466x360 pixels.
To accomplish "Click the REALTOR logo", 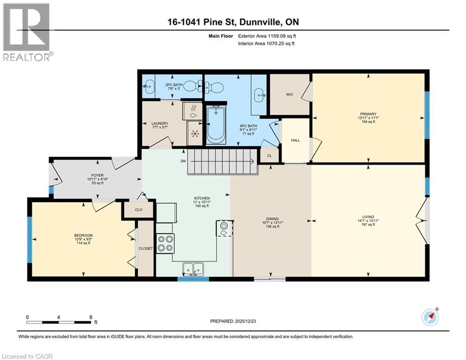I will (x=27, y=32).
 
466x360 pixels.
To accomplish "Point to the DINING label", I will (x=272, y=219).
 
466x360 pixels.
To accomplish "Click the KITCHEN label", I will (x=202, y=198).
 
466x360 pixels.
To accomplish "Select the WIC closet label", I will (x=289, y=95).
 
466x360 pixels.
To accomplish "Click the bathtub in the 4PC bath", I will (x=216, y=124).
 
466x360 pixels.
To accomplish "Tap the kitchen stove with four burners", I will (x=165, y=243).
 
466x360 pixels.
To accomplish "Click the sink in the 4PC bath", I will (x=259, y=96).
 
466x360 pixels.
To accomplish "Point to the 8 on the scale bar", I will (x=90, y=317).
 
